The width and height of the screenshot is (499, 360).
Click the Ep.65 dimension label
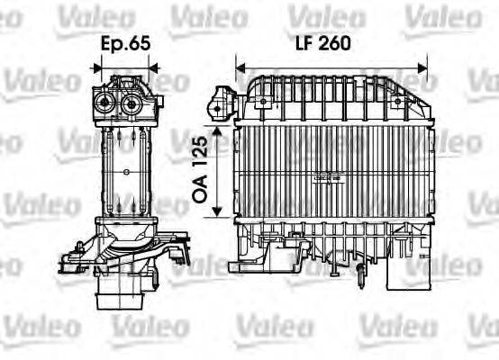pos(126,41)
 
